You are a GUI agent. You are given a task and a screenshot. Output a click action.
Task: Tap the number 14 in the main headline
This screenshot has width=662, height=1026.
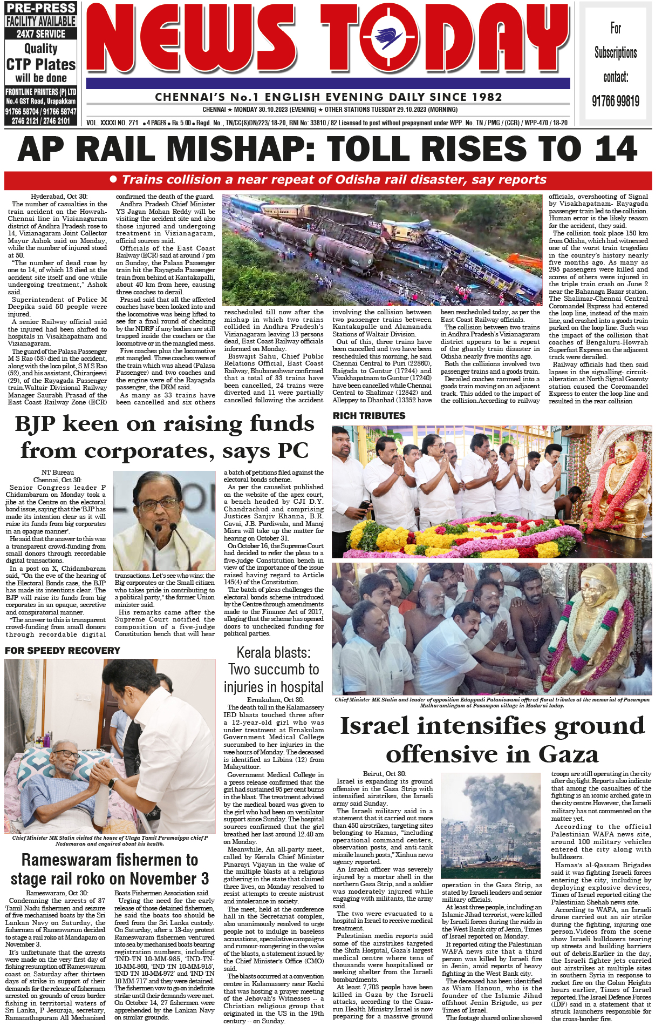(x=613, y=149)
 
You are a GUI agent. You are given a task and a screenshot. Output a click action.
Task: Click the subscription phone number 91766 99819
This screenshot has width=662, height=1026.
(x=616, y=101)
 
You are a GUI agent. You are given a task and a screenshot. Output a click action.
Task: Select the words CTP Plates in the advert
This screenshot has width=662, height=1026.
(x=41, y=65)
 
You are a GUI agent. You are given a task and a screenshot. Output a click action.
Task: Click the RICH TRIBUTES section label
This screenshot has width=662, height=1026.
(x=369, y=416)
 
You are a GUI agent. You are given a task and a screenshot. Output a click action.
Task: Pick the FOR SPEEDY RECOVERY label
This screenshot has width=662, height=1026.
(x=63, y=651)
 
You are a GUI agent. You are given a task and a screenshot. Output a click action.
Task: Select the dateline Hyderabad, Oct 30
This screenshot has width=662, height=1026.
(x=59, y=197)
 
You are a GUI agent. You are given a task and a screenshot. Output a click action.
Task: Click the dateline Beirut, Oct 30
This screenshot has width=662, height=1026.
(x=384, y=774)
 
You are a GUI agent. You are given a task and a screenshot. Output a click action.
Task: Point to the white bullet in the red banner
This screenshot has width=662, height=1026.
(x=113, y=179)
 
